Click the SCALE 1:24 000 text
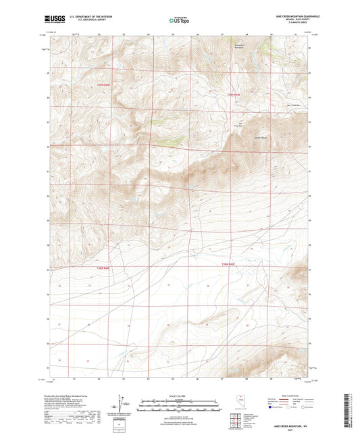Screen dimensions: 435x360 click(179, 395)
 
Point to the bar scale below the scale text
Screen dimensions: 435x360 click(179, 404)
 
